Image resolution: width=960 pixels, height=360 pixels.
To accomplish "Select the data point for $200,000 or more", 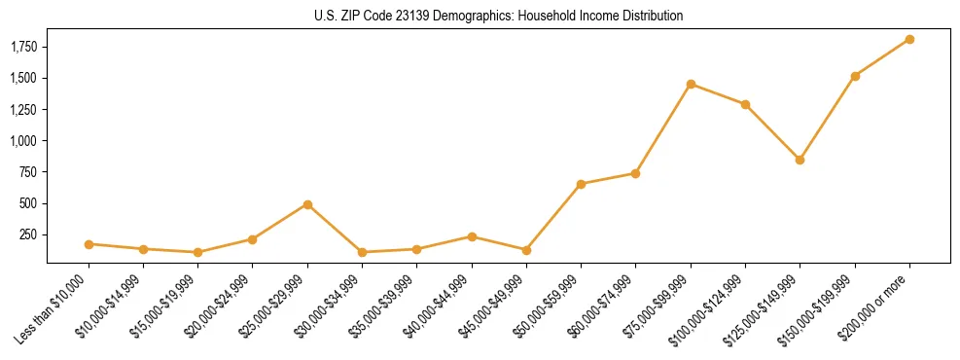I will pyautogui.click(x=909, y=39).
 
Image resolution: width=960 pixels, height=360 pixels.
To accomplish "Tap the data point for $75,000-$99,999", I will pyautogui.click(x=691, y=84).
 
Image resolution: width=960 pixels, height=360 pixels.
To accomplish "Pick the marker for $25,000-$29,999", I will pyautogui.click(x=307, y=204).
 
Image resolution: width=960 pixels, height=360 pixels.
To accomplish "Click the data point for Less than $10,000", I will pyautogui.click(x=89, y=244).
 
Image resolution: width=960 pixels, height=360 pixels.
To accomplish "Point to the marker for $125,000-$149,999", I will pyautogui.click(x=800, y=160).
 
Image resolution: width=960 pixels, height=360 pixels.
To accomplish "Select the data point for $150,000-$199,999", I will pyautogui.click(x=855, y=76).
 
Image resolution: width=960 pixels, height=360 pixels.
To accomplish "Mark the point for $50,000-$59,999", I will pyautogui.click(x=581, y=184).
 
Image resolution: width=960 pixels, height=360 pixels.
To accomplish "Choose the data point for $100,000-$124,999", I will pyautogui.click(x=745, y=104).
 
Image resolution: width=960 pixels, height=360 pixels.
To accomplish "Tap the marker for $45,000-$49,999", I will pyautogui.click(x=526, y=250).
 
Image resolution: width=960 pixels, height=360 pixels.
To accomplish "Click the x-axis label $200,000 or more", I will pyautogui.click(x=876, y=306).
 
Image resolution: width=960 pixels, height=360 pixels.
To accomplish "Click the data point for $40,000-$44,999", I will pyautogui.click(x=472, y=236).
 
